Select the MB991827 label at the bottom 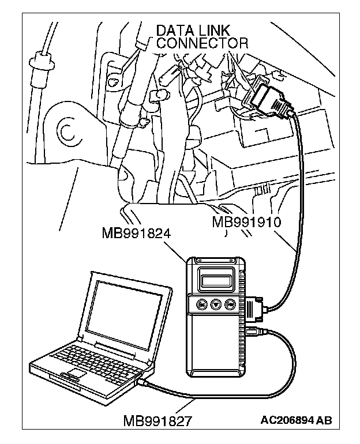click(157, 419)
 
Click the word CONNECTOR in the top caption click(202, 43)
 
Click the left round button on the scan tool click(202, 304)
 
